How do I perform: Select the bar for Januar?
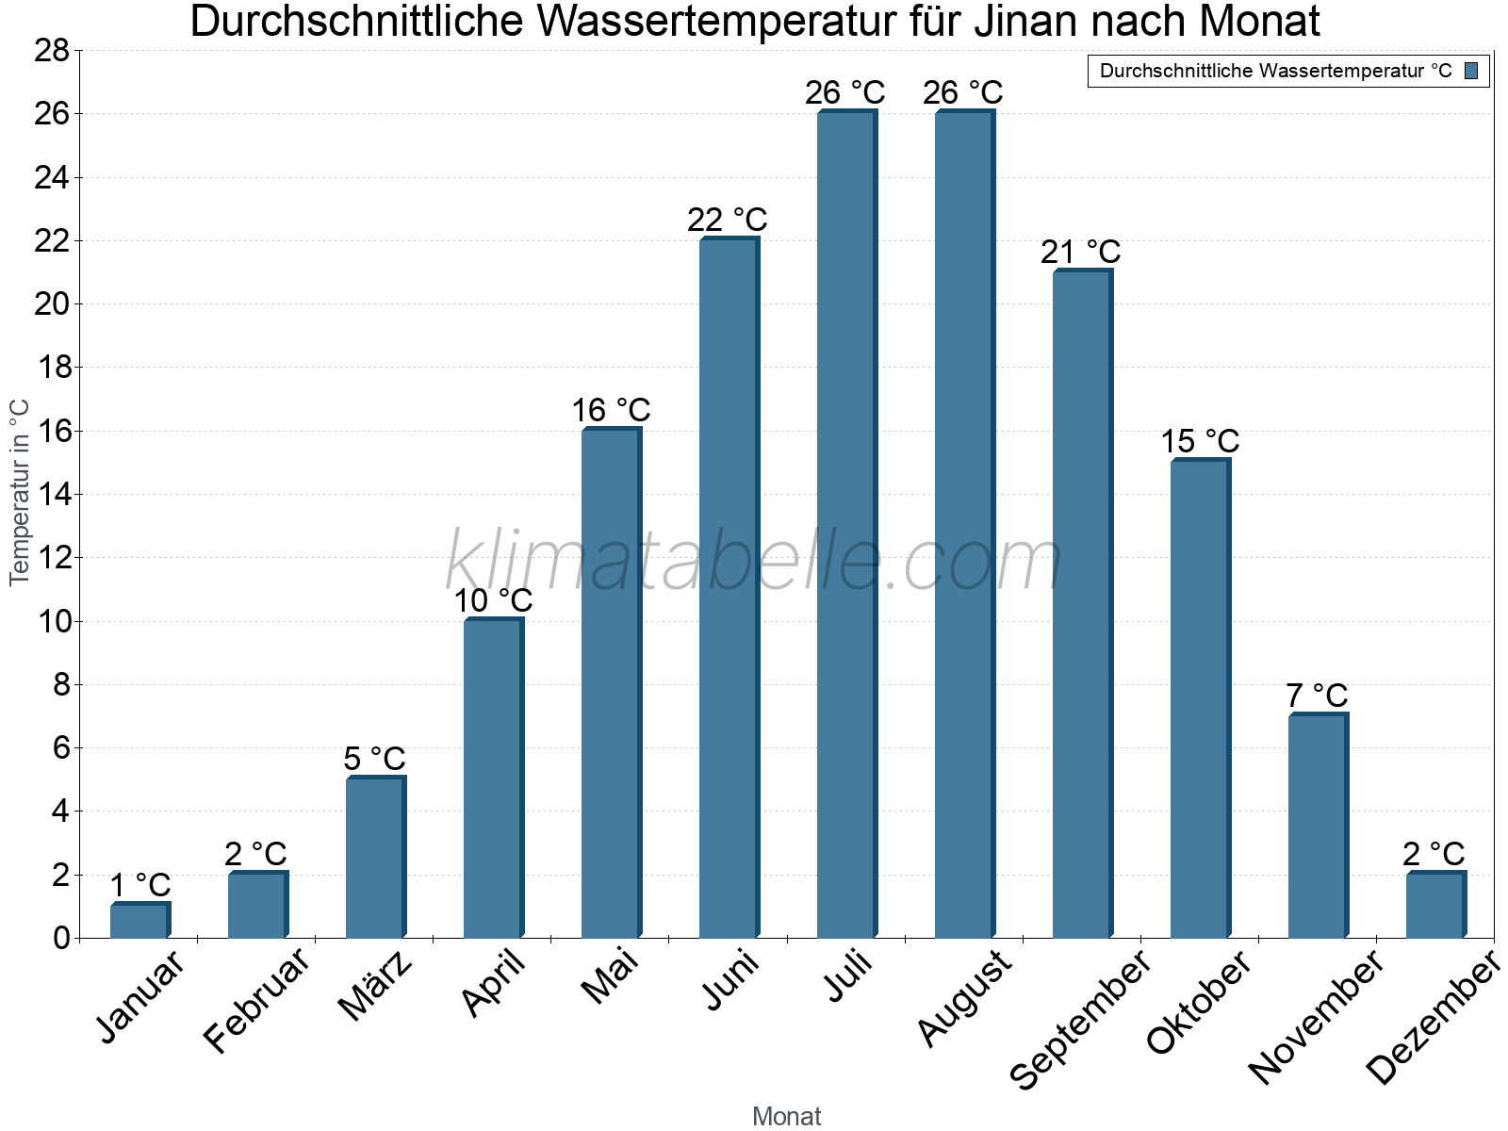(x=139, y=921)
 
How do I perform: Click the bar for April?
(x=493, y=779)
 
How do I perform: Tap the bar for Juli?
(x=846, y=524)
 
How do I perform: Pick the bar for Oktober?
(x=1200, y=698)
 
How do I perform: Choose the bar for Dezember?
(x=1435, y=905)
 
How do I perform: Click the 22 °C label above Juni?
(x=727, y=220)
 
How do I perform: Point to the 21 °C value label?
(x=1080, y=252)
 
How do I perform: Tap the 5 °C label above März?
(x=374, y=758)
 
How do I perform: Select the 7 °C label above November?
(x=1317, y=696)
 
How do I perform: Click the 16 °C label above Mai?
(x=611, y=410)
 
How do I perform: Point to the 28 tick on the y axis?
(x=52, y=50)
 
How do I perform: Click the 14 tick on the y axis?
(x=52, y=494)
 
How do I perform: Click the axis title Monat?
(x=786, y=1116)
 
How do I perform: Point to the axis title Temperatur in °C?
(x=20, y=492)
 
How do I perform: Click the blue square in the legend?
(x=1471, y=71)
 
